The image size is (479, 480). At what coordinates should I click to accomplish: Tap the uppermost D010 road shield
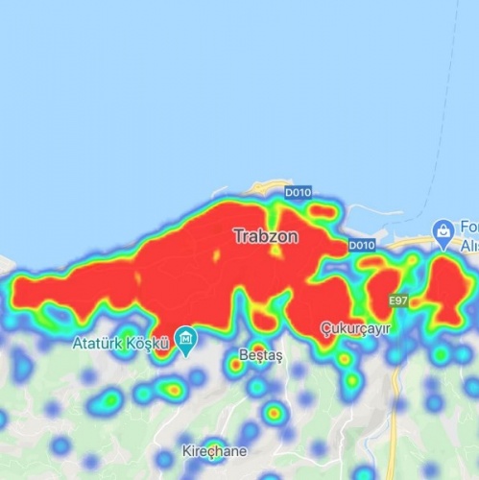pos(298,194)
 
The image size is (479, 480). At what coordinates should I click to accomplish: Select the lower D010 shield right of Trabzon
pos(361,246)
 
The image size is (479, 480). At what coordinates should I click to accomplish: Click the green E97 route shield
pos(399,301)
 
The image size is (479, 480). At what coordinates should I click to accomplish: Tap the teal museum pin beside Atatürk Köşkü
pos(186,339)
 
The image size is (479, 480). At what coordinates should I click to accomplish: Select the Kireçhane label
pos(214,450)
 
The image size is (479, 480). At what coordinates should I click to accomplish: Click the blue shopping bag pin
pos(443,230)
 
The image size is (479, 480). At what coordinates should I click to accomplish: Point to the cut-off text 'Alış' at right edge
pos(469,245)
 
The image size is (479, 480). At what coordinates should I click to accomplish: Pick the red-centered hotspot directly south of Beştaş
pos(274,414)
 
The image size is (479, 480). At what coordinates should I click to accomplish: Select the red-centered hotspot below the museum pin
pos(173,389)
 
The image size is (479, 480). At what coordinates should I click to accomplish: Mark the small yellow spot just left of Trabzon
pos(217,255)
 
